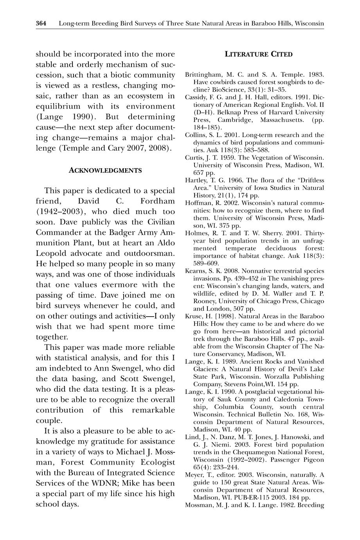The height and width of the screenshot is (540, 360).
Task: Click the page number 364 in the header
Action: pos(41,23)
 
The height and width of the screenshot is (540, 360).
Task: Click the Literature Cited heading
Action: pos(258,54)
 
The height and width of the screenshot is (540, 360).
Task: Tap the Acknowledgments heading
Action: pos(105,170)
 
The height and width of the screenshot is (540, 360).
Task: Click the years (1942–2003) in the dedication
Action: pos(59,212)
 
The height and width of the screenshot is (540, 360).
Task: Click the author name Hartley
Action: pos(196,180)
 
